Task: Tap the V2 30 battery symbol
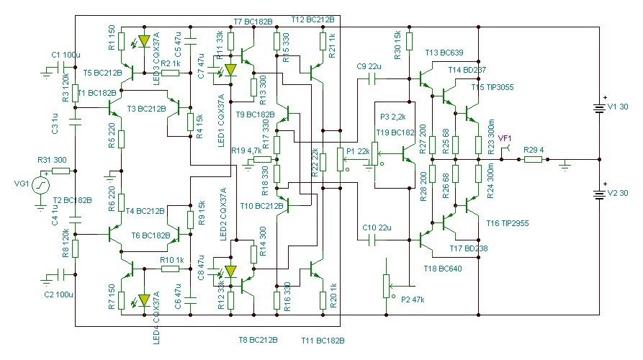click(x=599, y=195)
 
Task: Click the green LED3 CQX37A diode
click(x=144, y=42)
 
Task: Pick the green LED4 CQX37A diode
click(x=144, y=299)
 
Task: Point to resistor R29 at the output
click(x=533, y=158)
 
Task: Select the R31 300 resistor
click(x=60, y=171)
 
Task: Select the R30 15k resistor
click(x=408, y=41)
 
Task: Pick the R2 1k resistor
click(x=170, y=73)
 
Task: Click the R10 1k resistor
click(x=170, y=269)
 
